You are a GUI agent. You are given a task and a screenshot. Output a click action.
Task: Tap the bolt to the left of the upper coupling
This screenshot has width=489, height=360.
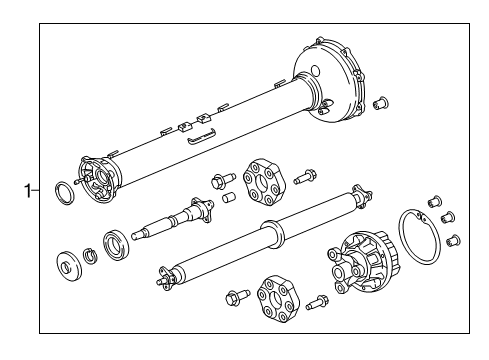pos(218,182)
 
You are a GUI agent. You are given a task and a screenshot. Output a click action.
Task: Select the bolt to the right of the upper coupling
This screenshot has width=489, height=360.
pos(306,178)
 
